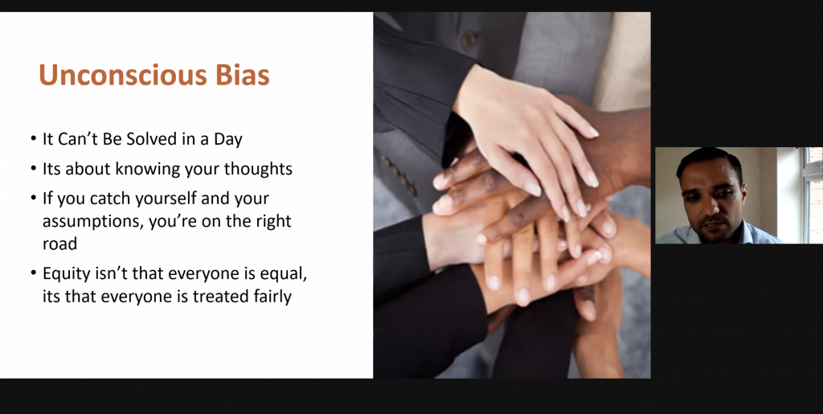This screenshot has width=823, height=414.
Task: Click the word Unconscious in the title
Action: [x=123, y=75]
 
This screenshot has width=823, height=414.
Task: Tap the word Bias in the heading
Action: [x=243, y=75]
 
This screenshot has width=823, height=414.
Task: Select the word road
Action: [x=59, y=244]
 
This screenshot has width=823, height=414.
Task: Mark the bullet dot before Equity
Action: [x=34, y=274]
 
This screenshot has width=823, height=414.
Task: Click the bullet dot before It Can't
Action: [x=34, y=140]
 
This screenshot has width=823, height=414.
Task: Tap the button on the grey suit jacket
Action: [x=469, y=39]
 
